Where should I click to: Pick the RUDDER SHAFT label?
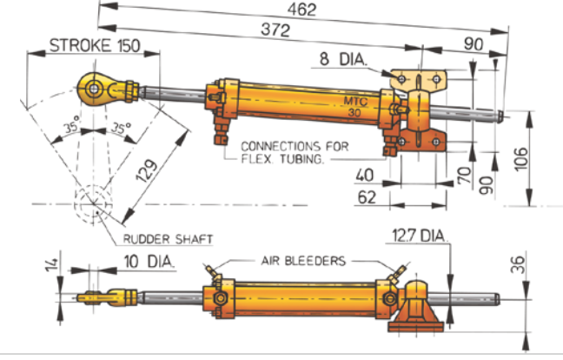[x=168, y=238]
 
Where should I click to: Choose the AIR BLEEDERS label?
[x=305, y=260]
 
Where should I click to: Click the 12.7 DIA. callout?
[x=421, y=235]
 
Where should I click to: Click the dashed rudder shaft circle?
[x=89, y=205]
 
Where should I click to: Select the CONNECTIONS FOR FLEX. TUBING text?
[x=293, y=152]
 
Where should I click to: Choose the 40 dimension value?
[x=368, y=175]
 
